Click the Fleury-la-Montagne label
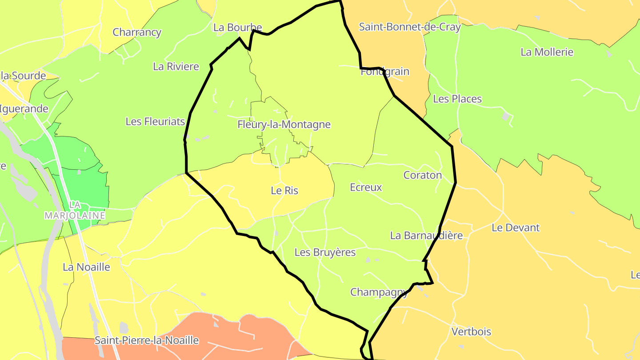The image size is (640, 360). pos(284,124)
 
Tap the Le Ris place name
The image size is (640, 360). pos(284,191)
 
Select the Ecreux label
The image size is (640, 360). pos(366,187)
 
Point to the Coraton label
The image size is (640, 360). pos(423,175)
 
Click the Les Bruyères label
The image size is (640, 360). pos(325,252)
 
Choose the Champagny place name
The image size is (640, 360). pos(379,292)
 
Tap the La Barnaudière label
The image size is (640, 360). pos(426,236)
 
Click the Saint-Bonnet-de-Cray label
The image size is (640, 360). pos(409,27)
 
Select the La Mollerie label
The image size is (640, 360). pos(547,52)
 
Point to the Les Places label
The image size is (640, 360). pos(457,99)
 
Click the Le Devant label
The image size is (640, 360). pos(515,228)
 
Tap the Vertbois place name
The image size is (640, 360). pos(471,332)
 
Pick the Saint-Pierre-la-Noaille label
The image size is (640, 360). pos(146,340)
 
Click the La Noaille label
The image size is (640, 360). pos(86,267)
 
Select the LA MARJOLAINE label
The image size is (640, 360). pos(75,210)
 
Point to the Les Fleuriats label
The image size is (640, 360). pos(155,121)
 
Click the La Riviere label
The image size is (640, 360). pos(176,67)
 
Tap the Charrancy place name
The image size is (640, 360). pos(137,32)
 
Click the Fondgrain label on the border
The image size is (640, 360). pos(385,72)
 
